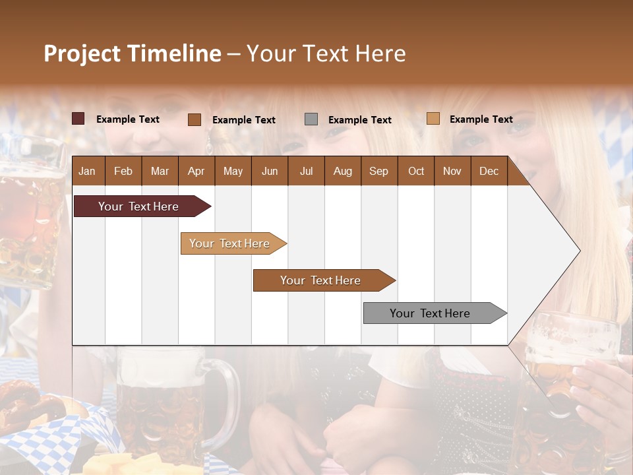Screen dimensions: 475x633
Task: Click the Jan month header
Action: tap(87, 171)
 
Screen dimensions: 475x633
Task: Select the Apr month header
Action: tap(196, 171)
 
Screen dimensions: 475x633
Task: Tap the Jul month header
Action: tap(306, 171)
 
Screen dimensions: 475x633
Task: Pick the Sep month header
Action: tap(378, 171)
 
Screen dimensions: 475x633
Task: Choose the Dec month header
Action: tap(489, 171)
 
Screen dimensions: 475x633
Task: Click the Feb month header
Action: tap(123, 171)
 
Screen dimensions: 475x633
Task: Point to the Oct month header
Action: tap(416, 171)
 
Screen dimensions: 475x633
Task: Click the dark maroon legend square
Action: tap(78, 119)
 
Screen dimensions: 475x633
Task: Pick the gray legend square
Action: tap(311, 119)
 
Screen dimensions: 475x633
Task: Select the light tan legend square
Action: tap(433, 119)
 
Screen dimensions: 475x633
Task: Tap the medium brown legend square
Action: tap(195, 119)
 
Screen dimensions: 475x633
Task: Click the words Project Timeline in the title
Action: tap(133, 53)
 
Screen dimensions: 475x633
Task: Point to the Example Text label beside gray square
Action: tap(359, 120)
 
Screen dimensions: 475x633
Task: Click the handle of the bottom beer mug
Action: tap(227, 402)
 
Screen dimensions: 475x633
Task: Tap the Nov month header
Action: tap(452, 171)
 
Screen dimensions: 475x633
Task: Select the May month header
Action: tap(233, 171)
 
